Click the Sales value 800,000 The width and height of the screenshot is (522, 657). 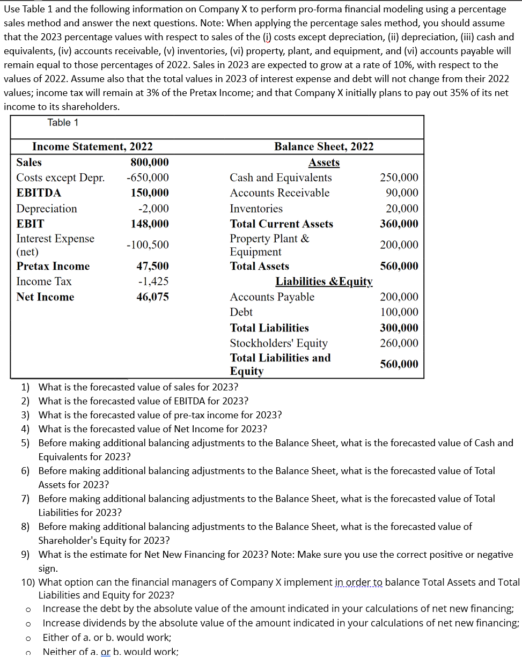(x=150, y=163)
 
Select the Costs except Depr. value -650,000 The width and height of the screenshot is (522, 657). (x=148, y=178)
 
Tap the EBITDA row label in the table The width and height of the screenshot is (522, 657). (x=39, y=193)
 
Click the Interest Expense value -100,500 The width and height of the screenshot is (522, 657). (x=148, y=245)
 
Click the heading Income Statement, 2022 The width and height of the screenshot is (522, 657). (x=92, y=146)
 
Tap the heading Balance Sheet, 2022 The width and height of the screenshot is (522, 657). (x=324, y=146)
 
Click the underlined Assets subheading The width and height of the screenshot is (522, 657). (x=324, y=163)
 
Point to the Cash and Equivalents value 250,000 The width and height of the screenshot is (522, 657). (x=399, y=178)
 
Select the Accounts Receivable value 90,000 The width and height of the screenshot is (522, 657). (x=401, y=193)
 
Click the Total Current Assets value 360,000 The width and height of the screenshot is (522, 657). (x=399, y=224)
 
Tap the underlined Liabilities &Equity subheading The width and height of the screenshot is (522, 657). (x=324, y=282)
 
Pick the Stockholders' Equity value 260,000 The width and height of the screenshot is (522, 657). (x=399, y=343)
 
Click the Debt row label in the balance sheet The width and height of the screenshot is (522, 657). (x=241, y=312)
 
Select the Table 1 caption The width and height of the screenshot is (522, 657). (x=63, y=123)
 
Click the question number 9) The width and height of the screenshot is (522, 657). (x=26, y=555)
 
